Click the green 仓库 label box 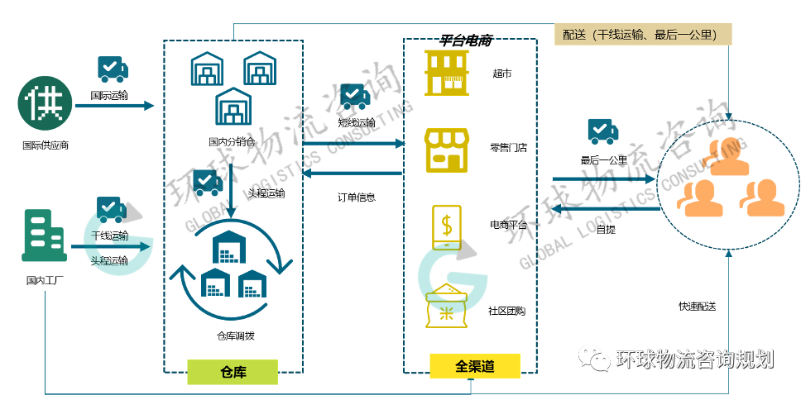coord(232,372)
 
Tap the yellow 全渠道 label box coord(474,366)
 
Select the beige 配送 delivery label coord(643,34)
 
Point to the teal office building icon coord(44,236)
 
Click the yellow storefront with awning coord(446,150)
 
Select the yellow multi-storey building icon coord(446,73)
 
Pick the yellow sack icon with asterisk coord(447,307)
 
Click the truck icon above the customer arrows coord(602,131)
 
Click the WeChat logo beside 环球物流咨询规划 coord(593,358)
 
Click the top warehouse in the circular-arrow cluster coord(231,246)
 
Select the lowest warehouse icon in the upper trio coord(233,107)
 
